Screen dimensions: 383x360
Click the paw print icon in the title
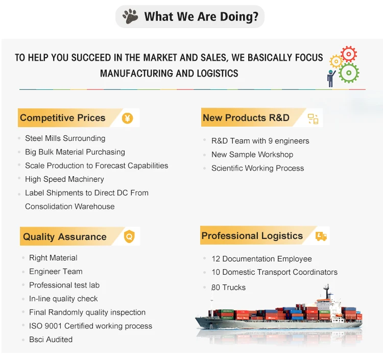tap(130, 16)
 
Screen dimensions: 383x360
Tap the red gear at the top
tap(349, 54)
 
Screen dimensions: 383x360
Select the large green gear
tap(349, 73)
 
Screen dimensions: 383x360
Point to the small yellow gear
tap(336, 61)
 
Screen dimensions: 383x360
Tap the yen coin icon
tap(128, 118)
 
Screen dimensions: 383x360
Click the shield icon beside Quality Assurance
tap(129, 236)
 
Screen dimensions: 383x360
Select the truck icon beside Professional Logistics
tap(321, 236)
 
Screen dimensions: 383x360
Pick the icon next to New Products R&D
tap(313, 119)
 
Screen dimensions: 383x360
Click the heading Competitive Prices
tap(62, 118)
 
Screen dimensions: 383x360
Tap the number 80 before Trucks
tap(216, 287)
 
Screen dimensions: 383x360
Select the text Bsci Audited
tap(51, 340)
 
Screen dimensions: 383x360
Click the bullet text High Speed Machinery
tap(64, 179)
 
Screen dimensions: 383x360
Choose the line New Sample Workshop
tap(252, 155)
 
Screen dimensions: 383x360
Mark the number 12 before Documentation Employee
tap(216, 259)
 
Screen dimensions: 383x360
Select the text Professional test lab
tap(64, 285)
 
